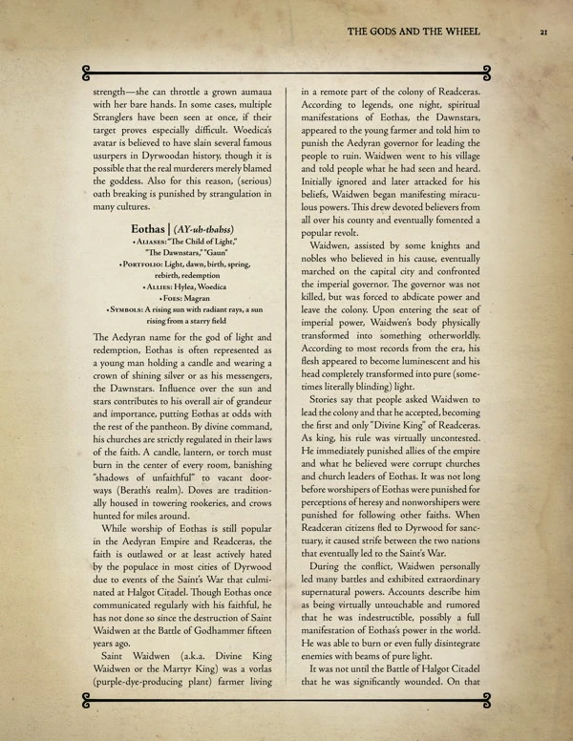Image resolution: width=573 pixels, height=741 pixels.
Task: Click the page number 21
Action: (541, 32)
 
